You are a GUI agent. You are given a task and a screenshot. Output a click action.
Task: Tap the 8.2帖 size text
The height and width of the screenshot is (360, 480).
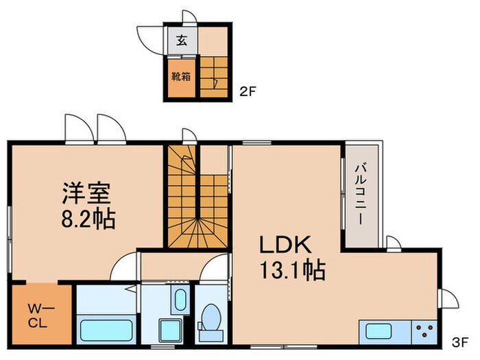tap(86, 219)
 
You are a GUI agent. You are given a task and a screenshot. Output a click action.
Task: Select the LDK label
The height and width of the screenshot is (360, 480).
tap(285, 245)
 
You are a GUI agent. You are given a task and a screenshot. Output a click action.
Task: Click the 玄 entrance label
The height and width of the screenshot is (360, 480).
tap(181, 40)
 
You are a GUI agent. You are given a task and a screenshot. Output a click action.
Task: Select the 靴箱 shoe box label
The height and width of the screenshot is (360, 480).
tap(181, 77)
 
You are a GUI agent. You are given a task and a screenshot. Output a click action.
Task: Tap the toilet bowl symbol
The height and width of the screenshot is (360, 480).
tap(211, 322)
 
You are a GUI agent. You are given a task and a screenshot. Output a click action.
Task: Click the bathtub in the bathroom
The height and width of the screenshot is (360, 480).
tap(106, 329)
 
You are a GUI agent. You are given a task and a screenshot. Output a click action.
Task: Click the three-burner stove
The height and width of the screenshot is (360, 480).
tap(424, 331)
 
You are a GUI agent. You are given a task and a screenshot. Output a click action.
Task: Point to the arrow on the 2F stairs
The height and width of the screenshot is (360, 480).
tap(215, 84)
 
